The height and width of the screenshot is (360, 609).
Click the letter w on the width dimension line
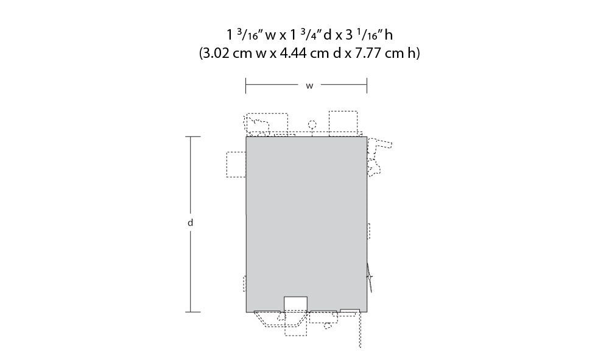pyautogui.click(x=309, y=86)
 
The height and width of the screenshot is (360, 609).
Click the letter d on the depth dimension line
pyautogui.click(x=190, y=223)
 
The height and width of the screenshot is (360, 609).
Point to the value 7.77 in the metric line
pyautogui.click(x=368, y=53)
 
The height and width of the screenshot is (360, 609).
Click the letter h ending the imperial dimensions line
pyautogui.click(x=389, y=35)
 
